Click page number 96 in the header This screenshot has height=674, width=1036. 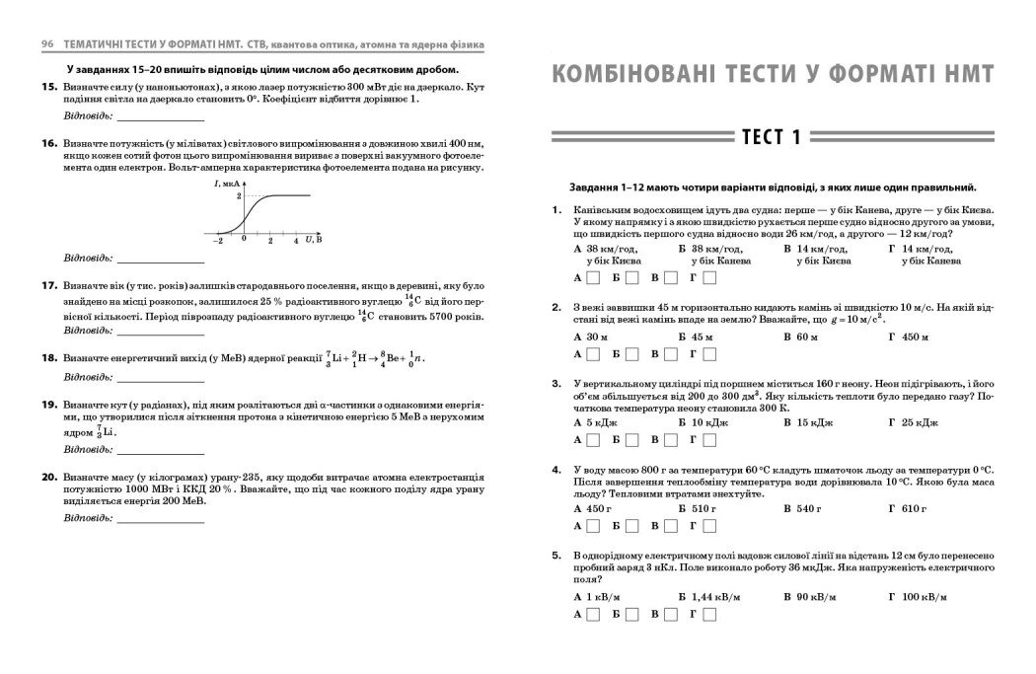pyautogui.click(x=45, y=46)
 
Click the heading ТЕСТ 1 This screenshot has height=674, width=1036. pyautogui.click(x=773, y=137)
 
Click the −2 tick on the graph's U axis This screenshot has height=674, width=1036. pyautogui.click(x=219, y=240)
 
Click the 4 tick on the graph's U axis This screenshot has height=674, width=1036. pyautogui.click(x=295, y=240)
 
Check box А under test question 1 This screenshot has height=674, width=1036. pyautogui.click(x=593, y=278)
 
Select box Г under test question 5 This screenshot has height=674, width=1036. pyautogui.click(x=708, y=614)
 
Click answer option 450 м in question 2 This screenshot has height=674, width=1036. pyautogui.click(x=909, y=337)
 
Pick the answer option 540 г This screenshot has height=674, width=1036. pyautogui.click(x=803, y=509)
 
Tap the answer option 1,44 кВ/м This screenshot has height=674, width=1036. pyautogui.click(x=707, y=597)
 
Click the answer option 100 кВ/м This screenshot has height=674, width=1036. pyautogui.click(x=917, y=597)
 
